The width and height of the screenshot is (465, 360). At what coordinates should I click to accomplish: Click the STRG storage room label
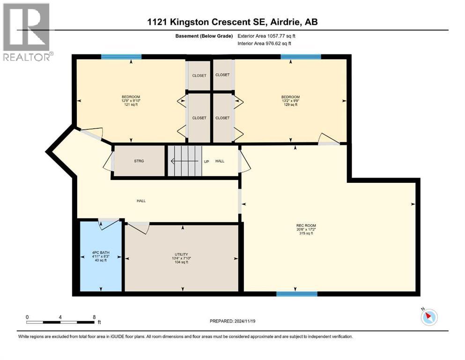(x=139, y=161)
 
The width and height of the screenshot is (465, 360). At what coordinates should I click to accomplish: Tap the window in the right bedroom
(x=301, y=57)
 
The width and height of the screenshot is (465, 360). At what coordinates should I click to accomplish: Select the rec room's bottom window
(x=296, y=294)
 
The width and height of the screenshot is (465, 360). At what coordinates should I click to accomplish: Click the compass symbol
(x=428, y=317)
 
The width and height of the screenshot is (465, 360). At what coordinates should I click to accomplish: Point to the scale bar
(x=61, y=322)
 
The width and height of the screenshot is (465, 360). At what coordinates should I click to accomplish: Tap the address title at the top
(x=233, y=22)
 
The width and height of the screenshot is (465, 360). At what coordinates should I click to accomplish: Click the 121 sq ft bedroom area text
(x=131, y=105)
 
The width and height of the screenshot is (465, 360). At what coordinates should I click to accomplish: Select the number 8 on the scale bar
(x=94, y=317)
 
